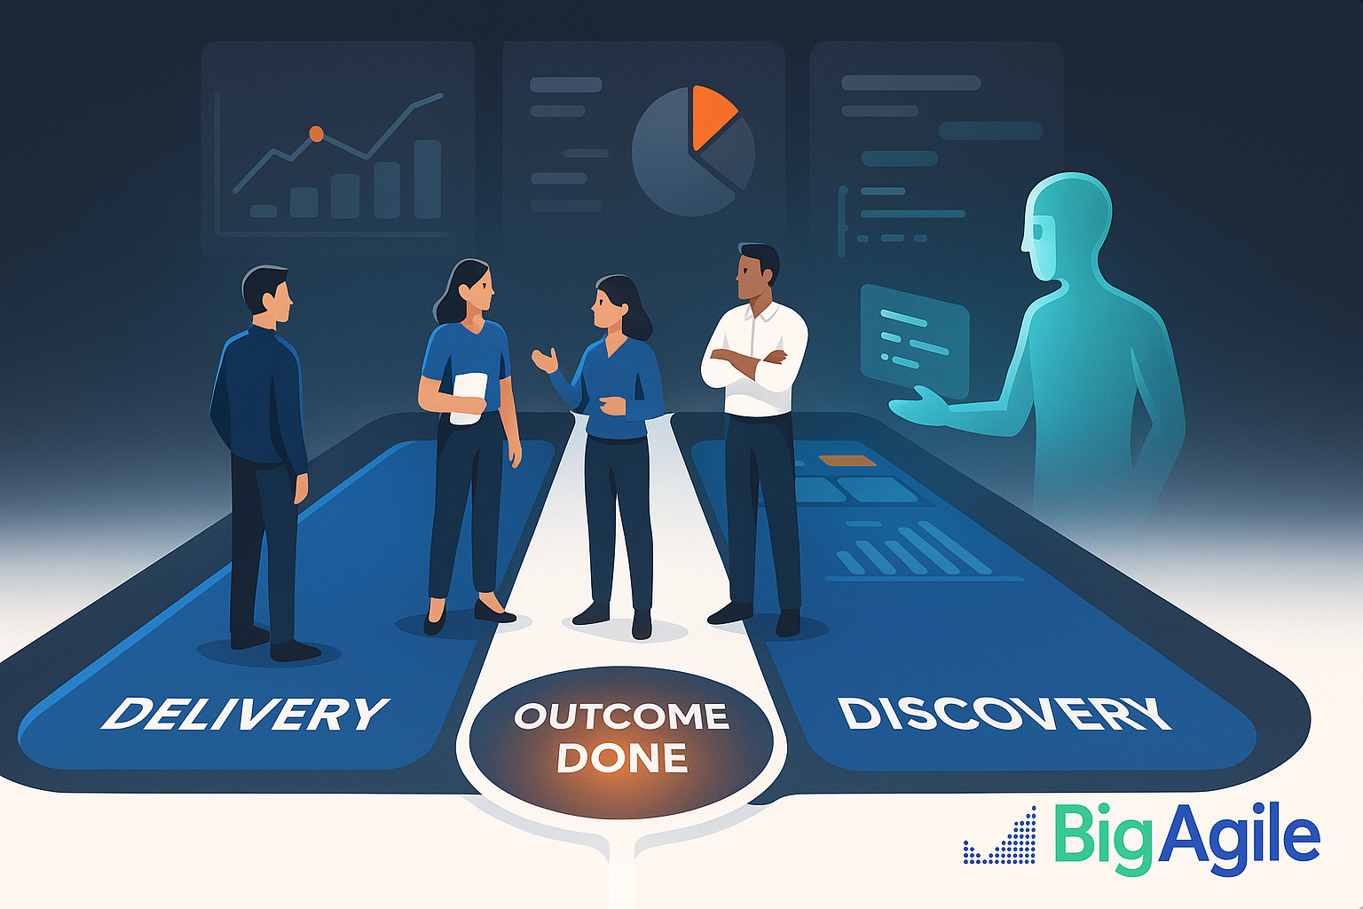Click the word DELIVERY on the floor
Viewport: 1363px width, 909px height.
[x=245, y=713]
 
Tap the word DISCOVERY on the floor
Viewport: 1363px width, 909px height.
[x=1004, y=715]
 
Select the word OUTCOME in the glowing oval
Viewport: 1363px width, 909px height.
[x=621, y=716]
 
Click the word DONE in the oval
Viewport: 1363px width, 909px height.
[x=622, y=758]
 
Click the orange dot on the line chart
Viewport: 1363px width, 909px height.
[x=316, y=133]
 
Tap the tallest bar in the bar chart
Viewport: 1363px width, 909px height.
[x=427, y=179]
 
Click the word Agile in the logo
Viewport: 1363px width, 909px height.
[x=1238, y=838]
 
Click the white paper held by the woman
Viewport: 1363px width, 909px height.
[x=469, y=397]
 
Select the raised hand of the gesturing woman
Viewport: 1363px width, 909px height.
[x=545, y=360]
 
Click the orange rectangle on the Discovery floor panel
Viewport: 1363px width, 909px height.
[x=847, y=461]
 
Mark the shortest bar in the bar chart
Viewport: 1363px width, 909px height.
[x=263, y=210]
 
